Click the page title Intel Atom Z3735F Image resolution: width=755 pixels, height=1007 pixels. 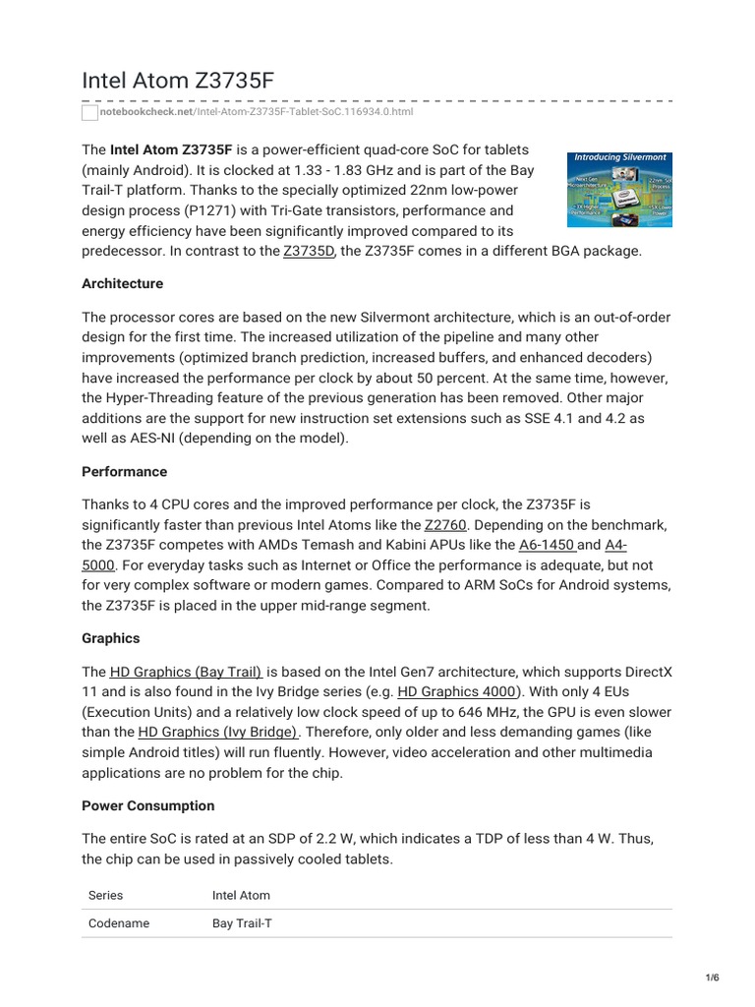[178, 80]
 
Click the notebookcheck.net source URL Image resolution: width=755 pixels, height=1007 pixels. [257, 112]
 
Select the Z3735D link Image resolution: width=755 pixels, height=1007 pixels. [309, 251]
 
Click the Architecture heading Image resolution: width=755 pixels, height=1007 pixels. [122, 283]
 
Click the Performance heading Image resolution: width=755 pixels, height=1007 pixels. [124, 471]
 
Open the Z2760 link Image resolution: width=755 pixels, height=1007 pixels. [444, 526]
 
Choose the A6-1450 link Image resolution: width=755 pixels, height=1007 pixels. [547, 545]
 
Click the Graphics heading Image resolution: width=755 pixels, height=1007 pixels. [110, 638]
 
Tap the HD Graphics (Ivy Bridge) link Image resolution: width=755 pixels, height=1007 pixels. [218, 732]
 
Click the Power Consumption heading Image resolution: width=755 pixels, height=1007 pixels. [147, 805]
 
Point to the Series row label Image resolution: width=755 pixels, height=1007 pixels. [105, 896]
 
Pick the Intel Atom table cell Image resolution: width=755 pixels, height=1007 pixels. [241, 896]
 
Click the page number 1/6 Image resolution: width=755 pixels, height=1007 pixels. [713, 977]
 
